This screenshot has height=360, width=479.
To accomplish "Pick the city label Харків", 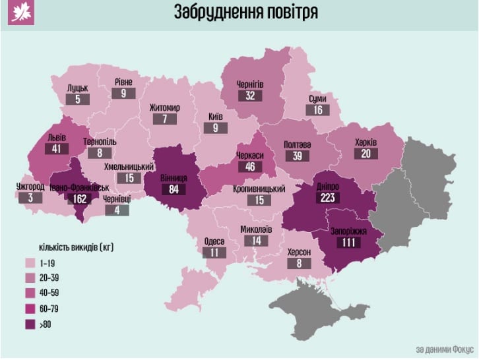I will [366, 141].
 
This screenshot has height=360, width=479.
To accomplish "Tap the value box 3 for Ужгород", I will [30, 197].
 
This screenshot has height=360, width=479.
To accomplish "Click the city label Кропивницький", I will [259, 189].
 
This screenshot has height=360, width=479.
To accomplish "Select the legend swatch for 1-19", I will [30, 262].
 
